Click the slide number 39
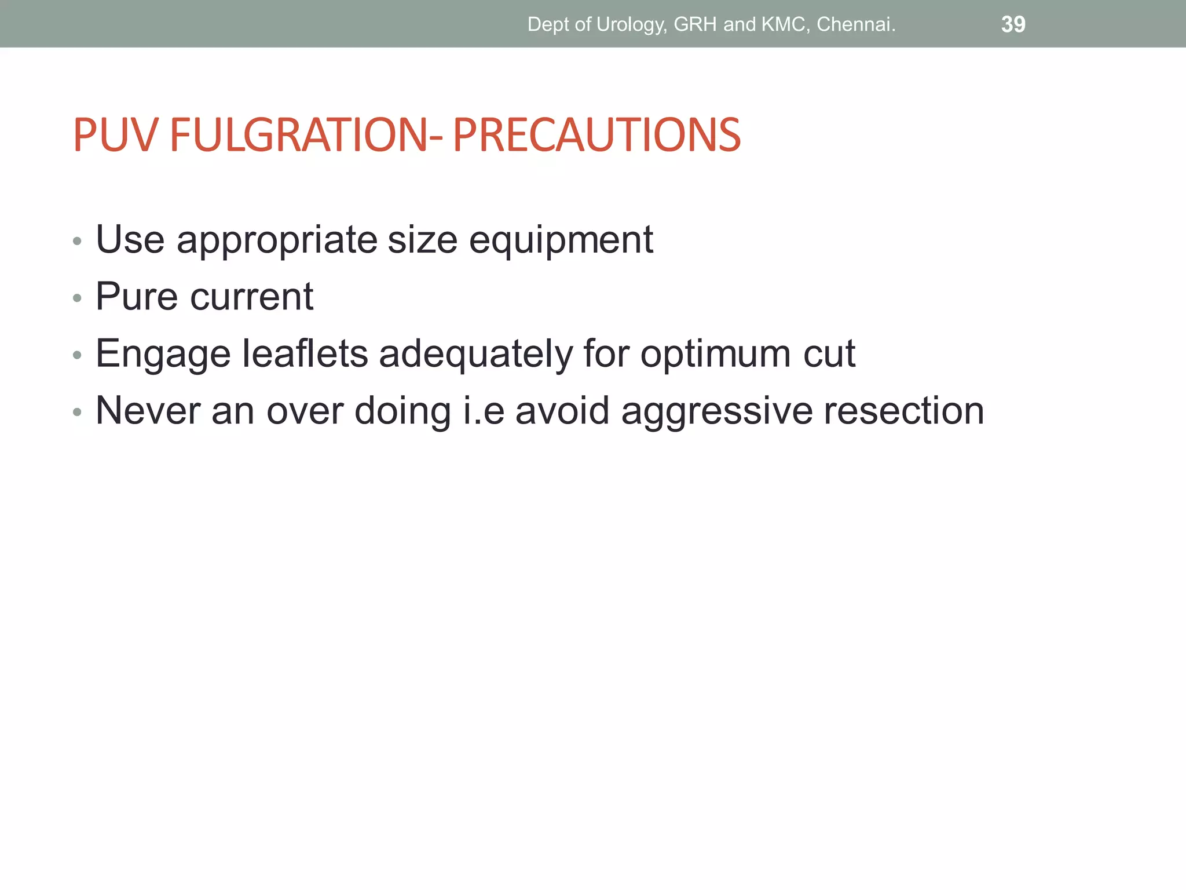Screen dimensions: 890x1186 1013,24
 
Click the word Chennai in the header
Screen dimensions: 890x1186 856,24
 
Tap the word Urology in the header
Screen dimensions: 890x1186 631,24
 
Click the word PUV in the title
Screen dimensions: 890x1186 115,135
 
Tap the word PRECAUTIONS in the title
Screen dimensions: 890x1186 596,135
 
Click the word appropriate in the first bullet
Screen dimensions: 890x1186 277,240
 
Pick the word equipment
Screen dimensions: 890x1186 561,240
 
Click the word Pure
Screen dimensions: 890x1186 137,297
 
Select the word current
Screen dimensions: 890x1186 252,297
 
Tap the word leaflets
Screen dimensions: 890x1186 305,353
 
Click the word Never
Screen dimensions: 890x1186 148,410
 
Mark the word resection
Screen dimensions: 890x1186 904,410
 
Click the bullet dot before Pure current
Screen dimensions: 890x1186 77,299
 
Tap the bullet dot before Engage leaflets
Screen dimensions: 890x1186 77,356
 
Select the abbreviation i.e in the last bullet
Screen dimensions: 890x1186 484,410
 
